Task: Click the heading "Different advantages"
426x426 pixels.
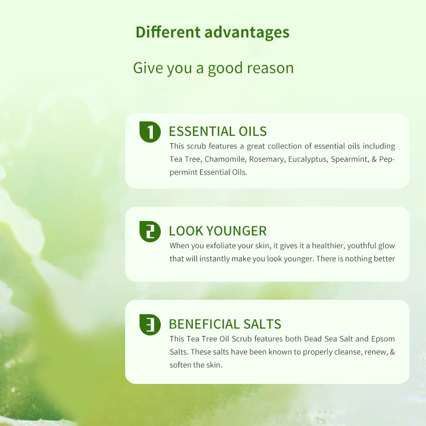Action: [212, 32]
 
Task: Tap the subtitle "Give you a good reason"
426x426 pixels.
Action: [213, 68]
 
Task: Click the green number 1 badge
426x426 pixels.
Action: [150, 132]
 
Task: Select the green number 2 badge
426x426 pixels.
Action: [150, 231]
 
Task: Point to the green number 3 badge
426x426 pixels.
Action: [150, 324]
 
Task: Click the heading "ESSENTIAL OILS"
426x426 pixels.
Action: [217, 132]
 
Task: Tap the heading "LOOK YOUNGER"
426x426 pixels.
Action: [217, 231]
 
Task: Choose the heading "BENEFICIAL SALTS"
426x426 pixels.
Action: [225, 324]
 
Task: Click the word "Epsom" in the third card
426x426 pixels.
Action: [384, 339]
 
